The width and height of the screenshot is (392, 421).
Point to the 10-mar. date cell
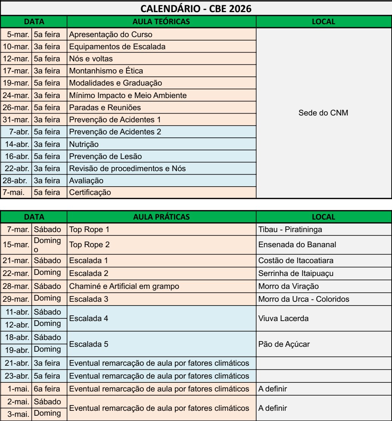[x=16, y=47]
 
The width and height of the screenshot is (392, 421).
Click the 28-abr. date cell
[x=16, y=180]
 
